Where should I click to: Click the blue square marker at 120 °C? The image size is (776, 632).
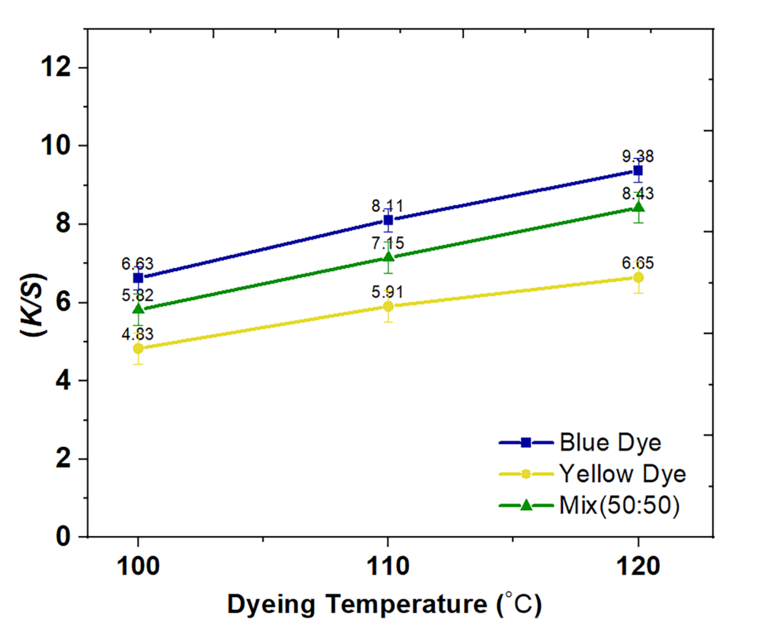click(638, 170)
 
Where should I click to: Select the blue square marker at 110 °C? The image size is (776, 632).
click(388, 220)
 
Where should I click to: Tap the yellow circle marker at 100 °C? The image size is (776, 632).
click(138, 348)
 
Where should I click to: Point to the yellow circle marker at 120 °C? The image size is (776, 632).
click(638, 277)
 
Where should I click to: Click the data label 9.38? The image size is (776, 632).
click(638, 156)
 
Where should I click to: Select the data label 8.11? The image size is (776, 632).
click(387, 206)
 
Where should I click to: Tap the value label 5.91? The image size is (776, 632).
click(387, 292)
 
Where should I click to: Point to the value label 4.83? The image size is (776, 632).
click(138, 334)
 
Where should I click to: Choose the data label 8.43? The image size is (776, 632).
click(638, 194)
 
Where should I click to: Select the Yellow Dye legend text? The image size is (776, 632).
click(622, 474)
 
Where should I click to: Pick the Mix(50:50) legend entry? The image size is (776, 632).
click(619, 505)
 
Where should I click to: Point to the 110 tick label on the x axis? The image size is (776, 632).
click(387, 566)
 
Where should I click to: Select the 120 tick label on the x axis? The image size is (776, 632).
click(638, 566)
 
